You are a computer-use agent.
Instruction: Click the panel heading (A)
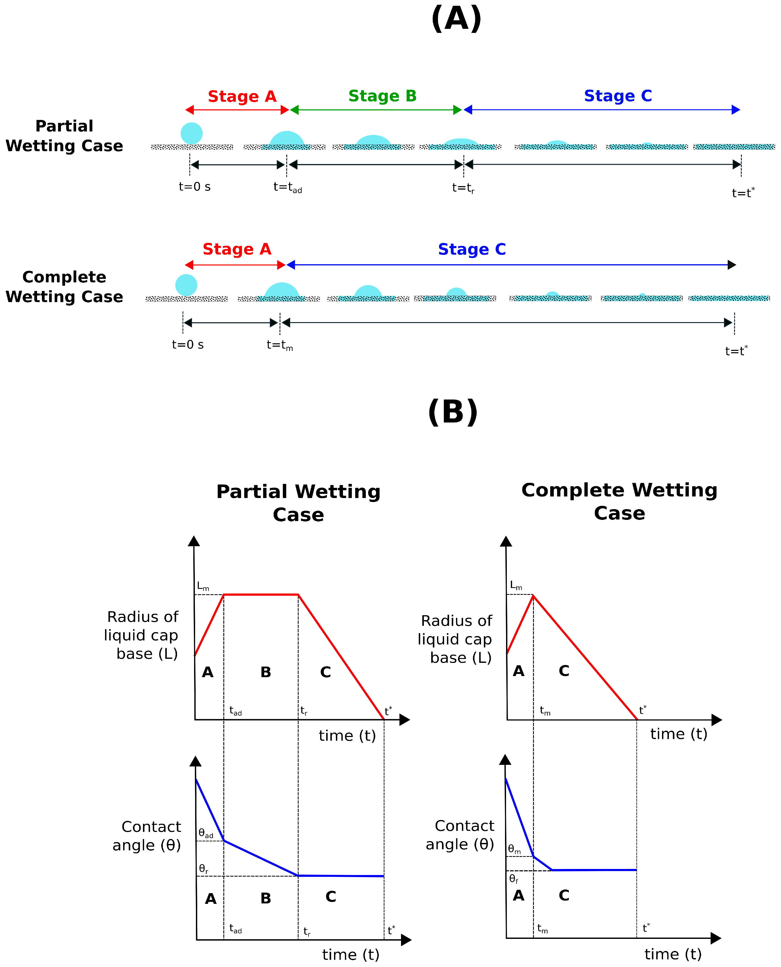pyautogui.click(x=456, y=19)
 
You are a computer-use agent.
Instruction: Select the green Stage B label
pyautogui.click(x=382, y=96)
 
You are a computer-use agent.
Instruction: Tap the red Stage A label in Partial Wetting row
pyautogui.click(x=242, y=96)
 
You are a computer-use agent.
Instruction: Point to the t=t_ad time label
pyautogui.click(x=288, y=187)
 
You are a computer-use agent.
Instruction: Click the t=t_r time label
pyautogui.click(x=463, y=188)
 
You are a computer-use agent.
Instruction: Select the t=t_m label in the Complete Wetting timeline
pyautogui.click(x=279, y=345)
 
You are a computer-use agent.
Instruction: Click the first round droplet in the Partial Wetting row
pyautogui.click(x=192, y=133)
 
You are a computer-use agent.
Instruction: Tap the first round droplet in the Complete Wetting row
pyautogui.click(x=186, y=285)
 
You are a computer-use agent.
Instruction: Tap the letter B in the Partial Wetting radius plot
pyautogui.click(x=266, y=672)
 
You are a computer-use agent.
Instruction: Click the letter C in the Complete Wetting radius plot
pyautogui.click(x=564, y=671)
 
